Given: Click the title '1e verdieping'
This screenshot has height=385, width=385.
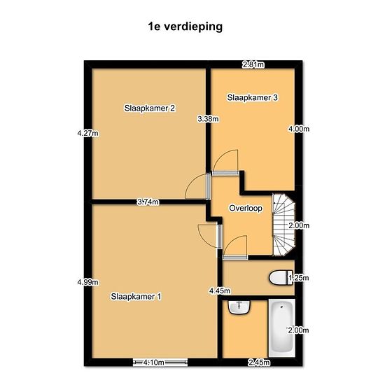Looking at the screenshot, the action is click(x=185, y=27).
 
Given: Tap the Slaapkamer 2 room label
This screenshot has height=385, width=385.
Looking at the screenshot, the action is click(x=150, y=108).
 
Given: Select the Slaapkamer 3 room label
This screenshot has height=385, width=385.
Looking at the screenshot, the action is click(x=253, y=97).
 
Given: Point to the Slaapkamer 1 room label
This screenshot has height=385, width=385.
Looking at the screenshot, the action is click(x=136, y=296).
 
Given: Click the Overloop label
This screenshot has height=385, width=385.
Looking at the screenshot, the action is click(x=246, y=208).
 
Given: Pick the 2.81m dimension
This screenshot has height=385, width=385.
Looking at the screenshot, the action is click(x=253, y=64).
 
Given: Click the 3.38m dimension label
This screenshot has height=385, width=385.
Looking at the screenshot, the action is click(x=208, y=119).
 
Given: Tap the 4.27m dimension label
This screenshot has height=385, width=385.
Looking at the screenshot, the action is click(x=88, y=133).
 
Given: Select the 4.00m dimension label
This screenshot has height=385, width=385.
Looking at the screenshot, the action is click(x=299, y=129).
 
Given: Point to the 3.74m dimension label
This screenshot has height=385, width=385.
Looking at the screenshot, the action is click(x=148, y=202).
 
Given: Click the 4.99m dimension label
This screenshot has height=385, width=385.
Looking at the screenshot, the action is click(x=88, y=282).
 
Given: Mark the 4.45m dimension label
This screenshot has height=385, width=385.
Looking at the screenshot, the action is click(x=220, y=290).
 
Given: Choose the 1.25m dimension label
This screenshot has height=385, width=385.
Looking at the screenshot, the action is click(x=299, y=278).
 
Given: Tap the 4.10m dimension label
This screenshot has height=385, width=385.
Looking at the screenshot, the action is click(x=154, y=362).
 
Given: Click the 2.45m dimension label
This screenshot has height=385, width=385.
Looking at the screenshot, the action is click(x=259, y=362).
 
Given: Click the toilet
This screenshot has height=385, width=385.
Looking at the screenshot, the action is click(x=281, y=278).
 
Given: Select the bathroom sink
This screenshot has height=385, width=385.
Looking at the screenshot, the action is click(x=239, y=307).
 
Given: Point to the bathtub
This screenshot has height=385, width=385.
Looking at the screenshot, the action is click(x=281, y=328).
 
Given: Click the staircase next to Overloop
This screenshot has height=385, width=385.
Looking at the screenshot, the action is click(x=284, y=225).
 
